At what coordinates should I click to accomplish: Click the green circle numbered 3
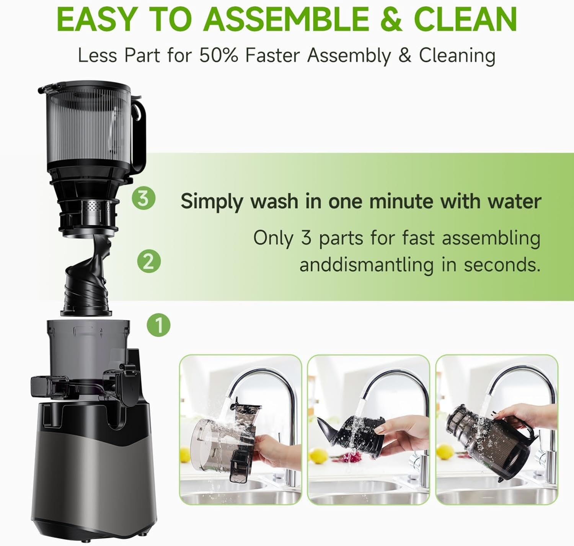coord(143,198)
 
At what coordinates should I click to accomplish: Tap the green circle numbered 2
coord(149,262)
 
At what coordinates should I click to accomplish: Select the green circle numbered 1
coord(158,325)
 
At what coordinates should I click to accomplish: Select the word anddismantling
coord(366,265)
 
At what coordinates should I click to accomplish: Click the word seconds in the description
coord(502,265)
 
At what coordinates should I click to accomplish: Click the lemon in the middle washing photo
coord(318,456)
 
